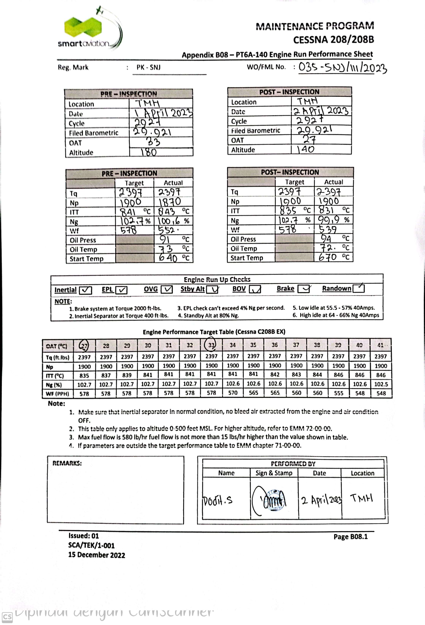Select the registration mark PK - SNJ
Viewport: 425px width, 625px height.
(x=148, y=67)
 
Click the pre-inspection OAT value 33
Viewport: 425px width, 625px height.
(x=153, y=142)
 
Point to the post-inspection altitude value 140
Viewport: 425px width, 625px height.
(x=306, y=149)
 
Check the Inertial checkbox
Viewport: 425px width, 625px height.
(x=86, y=290)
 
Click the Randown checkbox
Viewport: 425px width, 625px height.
(x=358, y=288)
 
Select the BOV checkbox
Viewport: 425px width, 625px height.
(x=255, y=289)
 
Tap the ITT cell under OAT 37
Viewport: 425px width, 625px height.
(x=296, y=374)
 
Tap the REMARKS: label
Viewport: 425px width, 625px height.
(x=67, y=463)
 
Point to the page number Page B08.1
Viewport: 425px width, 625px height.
(x=350, y=537)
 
